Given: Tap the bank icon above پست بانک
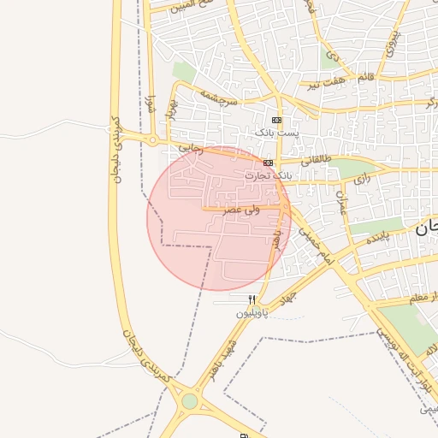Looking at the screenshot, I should (275, 120).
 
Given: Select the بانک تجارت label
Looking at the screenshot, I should (268, 175).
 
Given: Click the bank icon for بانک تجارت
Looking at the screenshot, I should (268, 163).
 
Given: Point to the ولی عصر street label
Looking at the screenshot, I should (242, 209).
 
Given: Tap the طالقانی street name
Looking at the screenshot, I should (314, 159).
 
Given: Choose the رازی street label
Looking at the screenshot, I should (362, 179).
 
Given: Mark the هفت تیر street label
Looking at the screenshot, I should (329, 84).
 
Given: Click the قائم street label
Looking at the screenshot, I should (366, 77).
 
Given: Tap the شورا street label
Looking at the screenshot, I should (151, 106).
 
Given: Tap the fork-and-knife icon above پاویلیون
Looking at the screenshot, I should (252, 300).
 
